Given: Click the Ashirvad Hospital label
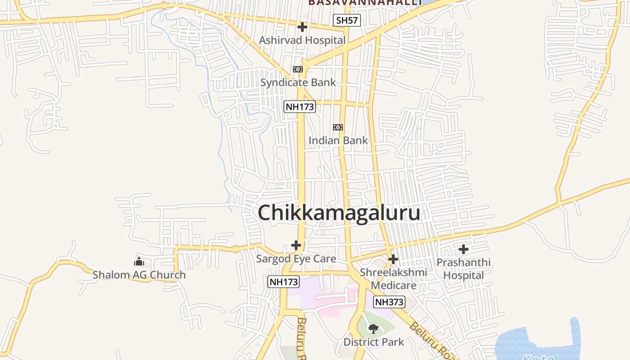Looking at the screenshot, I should click(x=302, y=40).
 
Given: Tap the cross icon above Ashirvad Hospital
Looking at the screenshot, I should click(x=302, y=27).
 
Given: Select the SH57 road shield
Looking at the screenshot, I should click(x=347, y=20).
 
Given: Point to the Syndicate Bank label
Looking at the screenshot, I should click(x=298, y=82).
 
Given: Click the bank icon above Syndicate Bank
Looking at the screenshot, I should click(x=298, y=69).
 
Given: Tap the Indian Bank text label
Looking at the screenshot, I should click(x=338, y=140).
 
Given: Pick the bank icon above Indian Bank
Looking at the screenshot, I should click(x=338, y=127).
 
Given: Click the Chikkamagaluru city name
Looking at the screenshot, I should click(x=339, y=213).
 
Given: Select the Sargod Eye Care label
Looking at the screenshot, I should click(x=296, y=259).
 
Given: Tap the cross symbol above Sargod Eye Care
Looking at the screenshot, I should click(x=296, y=245).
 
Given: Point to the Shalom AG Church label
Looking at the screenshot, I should click(x=139, y=274).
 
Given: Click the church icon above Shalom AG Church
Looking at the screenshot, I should click(x=139, y=261).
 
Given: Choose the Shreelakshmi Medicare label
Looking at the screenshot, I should click(x=393, y=279).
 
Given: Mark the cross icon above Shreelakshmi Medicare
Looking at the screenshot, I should click(x=393, y=259).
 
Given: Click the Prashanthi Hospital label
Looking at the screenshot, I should click(x=463, y=269).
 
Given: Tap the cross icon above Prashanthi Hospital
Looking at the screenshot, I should click(x=463, y=249).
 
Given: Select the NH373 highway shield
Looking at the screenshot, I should click(x=389, y=302).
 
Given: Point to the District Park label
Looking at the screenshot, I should click(x=373, y=342).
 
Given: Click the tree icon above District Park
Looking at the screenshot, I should click(x=373, y=329).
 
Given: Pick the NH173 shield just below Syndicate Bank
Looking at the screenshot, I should click(x=300, y=107).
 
